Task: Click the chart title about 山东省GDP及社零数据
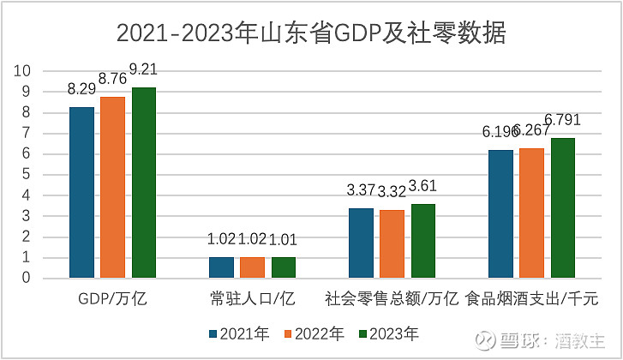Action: point(311,33)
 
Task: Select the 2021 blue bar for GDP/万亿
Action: point(81,192)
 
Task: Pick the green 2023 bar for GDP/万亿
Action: point(143,183)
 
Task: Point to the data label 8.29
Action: point(81,89)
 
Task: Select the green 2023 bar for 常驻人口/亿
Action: point(284,267)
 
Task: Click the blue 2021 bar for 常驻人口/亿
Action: point(221,267)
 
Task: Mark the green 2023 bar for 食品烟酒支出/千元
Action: point(562,207)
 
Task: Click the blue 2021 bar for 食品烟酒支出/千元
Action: point(500,213)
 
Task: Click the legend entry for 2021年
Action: point(236,333)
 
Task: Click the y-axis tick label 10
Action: point(24,71)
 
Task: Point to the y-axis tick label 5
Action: point(27,175)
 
